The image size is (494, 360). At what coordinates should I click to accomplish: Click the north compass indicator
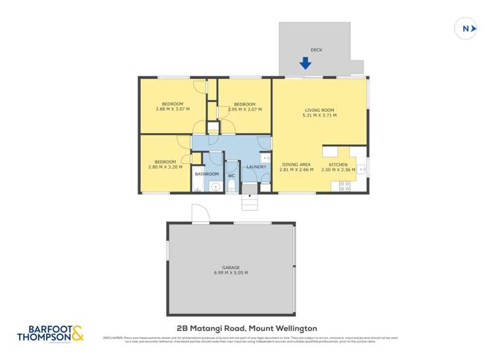coord(466,28)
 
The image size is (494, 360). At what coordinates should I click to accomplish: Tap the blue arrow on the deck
coord(305,63)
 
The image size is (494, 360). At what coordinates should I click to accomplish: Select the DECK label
coord(316,49)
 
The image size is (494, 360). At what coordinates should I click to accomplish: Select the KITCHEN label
coord(338,165)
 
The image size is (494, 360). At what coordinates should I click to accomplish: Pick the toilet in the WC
coord(231,187)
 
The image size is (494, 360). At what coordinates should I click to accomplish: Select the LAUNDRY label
coord(256,167)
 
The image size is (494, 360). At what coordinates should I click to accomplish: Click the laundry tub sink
coord(264,158)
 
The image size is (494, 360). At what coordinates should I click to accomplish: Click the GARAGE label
coord(231,267)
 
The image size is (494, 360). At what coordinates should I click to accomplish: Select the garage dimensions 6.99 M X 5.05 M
coord(231,273)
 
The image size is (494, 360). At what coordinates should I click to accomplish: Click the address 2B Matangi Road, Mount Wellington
coord(247,327)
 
